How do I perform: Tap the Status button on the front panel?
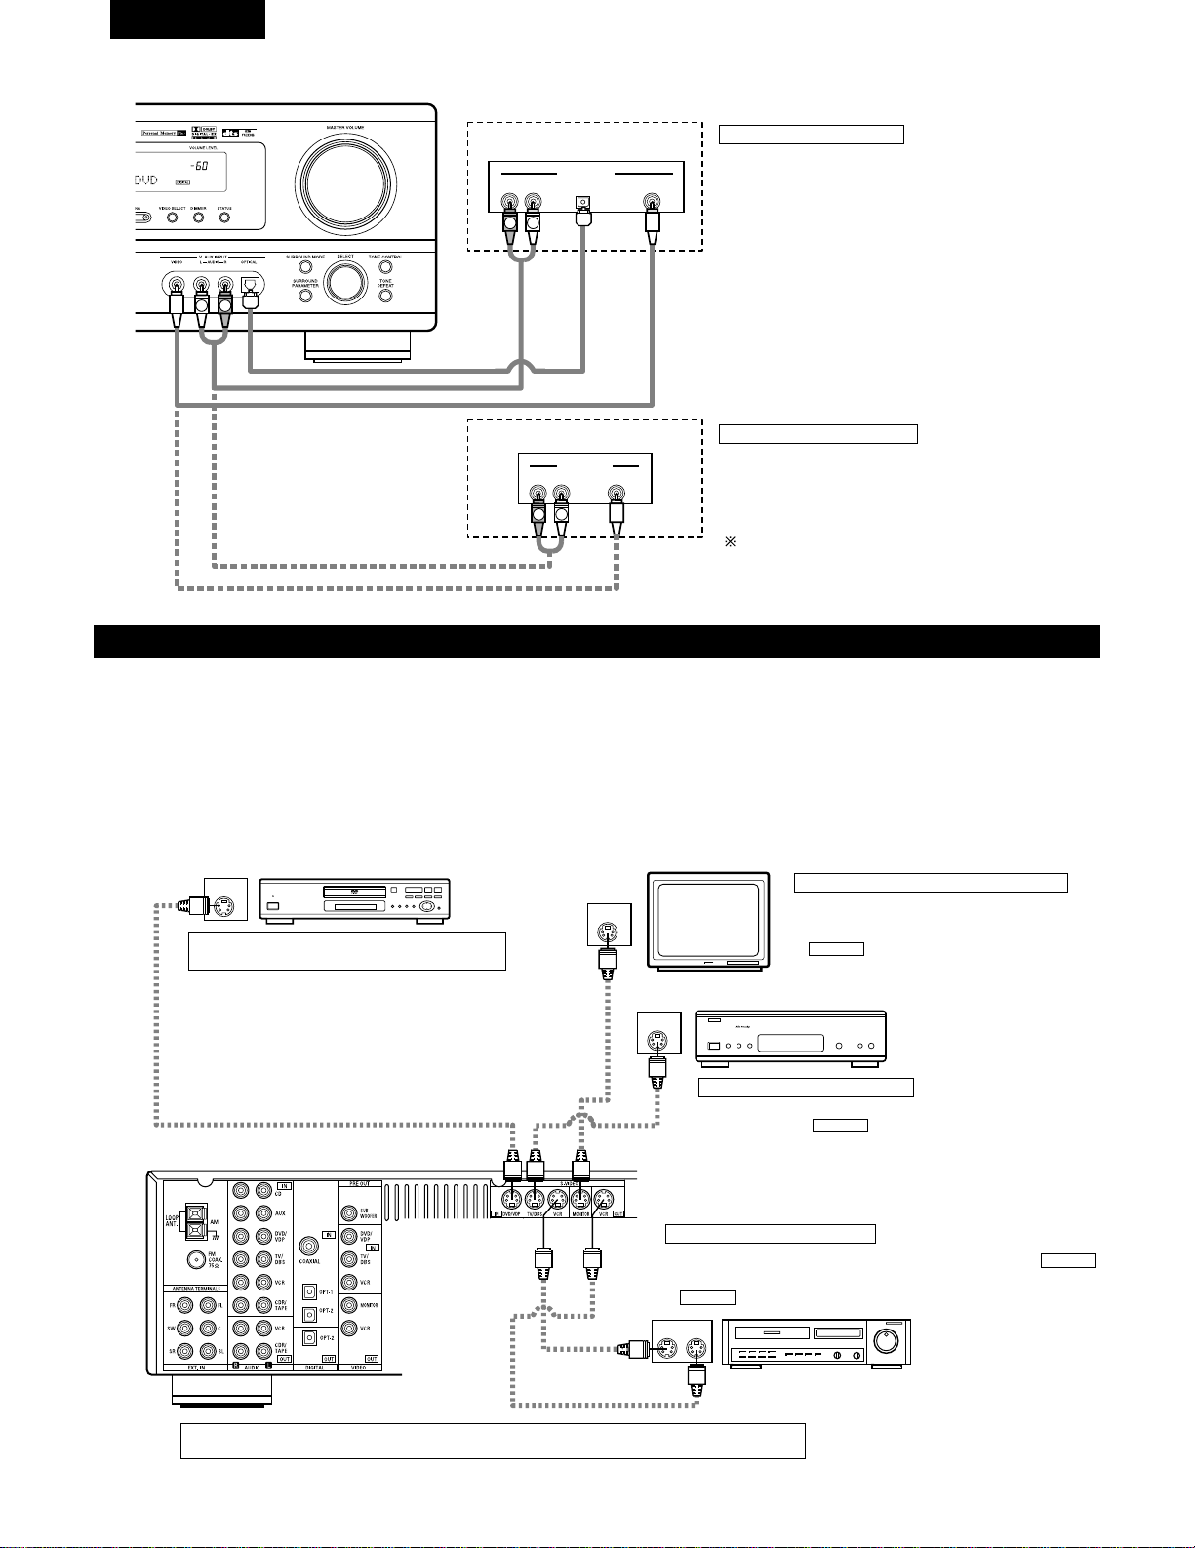(x=224, y=218)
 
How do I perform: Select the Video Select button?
(x=173, y=218)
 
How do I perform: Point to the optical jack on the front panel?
(x=250, y=286)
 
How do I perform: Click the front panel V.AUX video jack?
(x=177, y=286)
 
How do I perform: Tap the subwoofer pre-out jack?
(x=350, y=1212)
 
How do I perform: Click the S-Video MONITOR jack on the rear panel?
(x=580, y=1200)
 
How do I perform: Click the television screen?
(x=708, y=921)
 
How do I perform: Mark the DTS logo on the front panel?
(x=231, y=132)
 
